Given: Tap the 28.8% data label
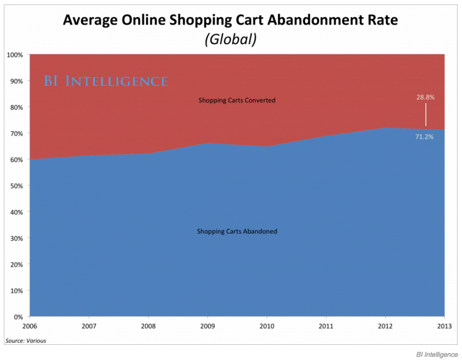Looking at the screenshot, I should [425, 98].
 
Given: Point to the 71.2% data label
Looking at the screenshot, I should [424, 137].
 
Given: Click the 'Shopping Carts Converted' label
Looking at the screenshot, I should [237, 100].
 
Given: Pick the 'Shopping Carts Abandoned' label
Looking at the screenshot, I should [237, 231].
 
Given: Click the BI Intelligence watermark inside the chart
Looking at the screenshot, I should [105, 81].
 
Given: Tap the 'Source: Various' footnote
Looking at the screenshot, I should [25, 340].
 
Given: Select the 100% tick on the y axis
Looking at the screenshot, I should [15, 55].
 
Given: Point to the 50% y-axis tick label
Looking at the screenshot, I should [16, 186].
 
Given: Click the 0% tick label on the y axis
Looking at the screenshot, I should [18, 316].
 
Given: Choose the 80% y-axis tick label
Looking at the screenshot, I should [16, 107].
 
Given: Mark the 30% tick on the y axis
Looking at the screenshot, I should [16, 238].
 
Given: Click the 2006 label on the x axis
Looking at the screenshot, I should [30, 327].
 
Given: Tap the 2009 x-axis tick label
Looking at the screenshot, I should [207, 327].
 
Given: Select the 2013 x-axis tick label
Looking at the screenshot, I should [444, 327].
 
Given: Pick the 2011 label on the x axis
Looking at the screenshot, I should [326, 327].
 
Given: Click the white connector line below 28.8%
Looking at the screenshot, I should [425, 115].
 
